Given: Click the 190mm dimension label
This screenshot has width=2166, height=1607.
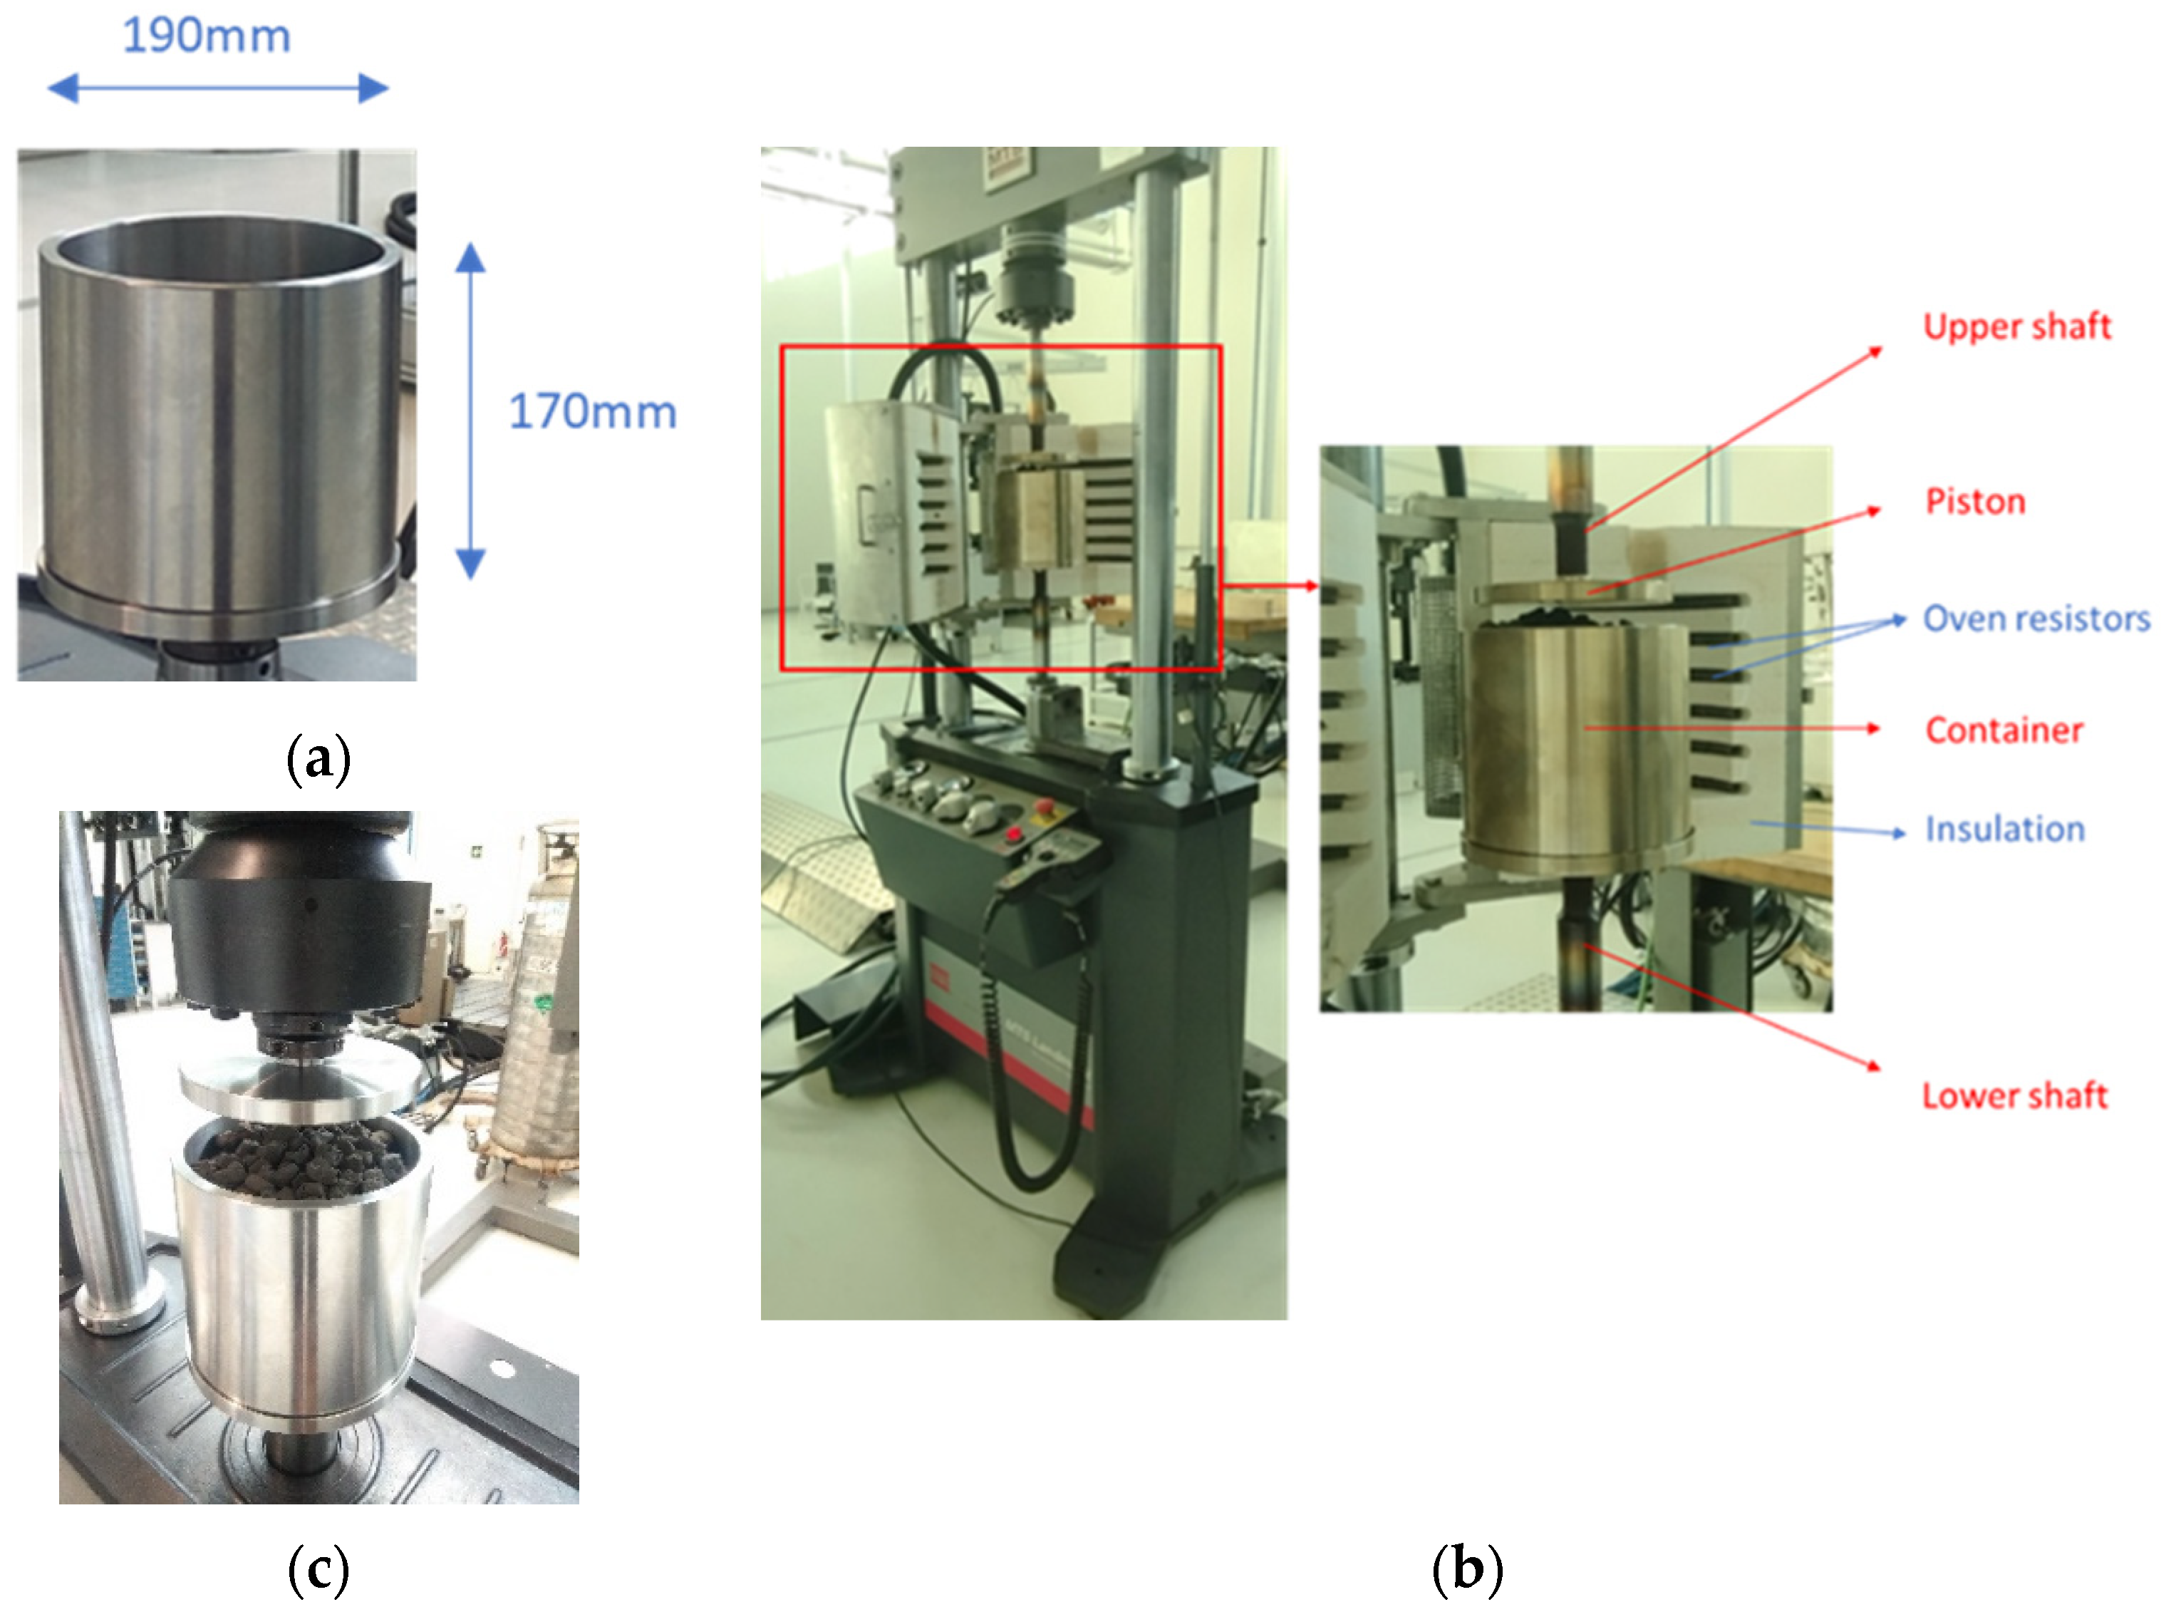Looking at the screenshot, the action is [206, 37].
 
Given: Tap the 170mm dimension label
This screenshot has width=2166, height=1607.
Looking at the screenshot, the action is [591, 411].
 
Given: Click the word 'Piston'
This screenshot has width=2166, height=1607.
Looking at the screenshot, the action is [1974, 502].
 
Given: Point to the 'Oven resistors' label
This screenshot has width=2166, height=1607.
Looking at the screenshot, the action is [2035, 619].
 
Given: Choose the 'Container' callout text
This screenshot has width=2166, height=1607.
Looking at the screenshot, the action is [2003, 730].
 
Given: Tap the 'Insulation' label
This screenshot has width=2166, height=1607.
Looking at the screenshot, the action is [2004, 830].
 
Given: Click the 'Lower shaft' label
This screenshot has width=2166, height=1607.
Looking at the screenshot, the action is [2014, 1096].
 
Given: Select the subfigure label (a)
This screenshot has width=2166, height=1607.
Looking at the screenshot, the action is [318, 760].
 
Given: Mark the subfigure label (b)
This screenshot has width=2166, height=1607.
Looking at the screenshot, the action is [1467, 1567].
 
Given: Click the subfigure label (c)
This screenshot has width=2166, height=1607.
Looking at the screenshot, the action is [318, 1567].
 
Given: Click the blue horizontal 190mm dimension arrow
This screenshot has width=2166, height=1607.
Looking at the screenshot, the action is [218, 88].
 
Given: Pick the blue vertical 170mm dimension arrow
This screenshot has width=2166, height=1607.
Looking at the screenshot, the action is [471, 410].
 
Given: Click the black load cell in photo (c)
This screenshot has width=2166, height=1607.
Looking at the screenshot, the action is [299, 934].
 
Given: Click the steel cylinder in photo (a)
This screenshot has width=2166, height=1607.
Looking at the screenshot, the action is [219, 418].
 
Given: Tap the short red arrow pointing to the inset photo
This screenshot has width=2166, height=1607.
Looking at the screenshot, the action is [1269, 586].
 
